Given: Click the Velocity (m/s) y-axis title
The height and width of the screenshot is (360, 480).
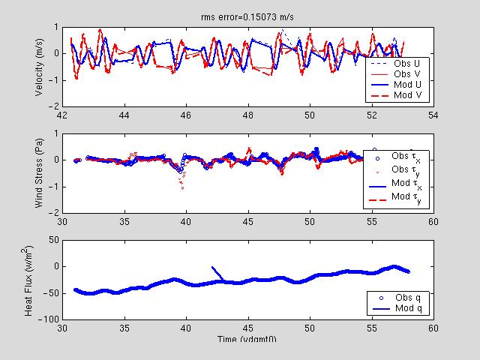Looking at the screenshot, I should (38, 67).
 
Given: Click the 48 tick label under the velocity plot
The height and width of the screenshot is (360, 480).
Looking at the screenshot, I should (247, 115).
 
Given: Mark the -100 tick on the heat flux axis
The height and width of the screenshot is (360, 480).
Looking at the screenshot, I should (49, 319).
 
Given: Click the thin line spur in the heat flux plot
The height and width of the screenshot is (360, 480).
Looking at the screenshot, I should (217, 274).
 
